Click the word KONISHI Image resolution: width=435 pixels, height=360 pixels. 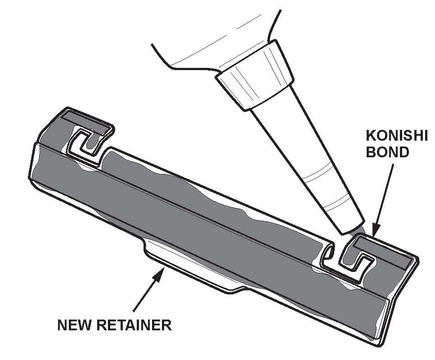coord(396,136)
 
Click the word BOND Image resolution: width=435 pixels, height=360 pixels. coord(387,151)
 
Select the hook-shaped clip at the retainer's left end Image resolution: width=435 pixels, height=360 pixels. coord(88,144)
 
